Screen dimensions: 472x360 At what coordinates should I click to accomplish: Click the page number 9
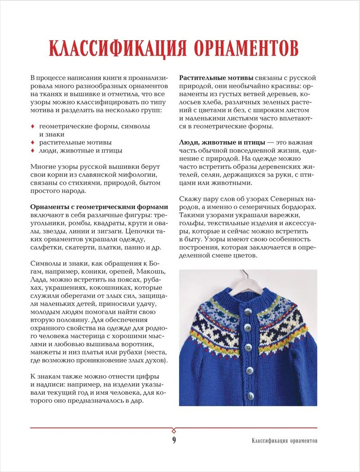click(174, 440)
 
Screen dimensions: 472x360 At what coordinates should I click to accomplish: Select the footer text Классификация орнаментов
click(284, 440)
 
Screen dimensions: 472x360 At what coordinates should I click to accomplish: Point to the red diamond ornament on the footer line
click(174, 428)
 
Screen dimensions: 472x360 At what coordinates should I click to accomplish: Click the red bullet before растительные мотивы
click(32, 142)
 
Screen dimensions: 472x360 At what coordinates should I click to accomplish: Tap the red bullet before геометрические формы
click(32, 126)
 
